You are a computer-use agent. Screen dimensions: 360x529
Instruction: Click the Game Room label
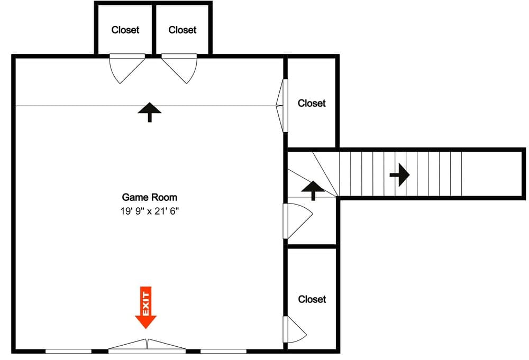(x=150, y=197)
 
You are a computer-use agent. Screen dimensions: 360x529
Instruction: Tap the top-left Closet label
(x=125, y=30)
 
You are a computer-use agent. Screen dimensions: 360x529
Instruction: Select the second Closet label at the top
(x=183, y=30)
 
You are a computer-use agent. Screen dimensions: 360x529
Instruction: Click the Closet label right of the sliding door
(x=312, y=103)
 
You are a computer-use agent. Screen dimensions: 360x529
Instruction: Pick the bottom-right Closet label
(x=312, y=299)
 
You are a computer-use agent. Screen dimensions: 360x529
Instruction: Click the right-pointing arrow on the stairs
(x=399, y=174)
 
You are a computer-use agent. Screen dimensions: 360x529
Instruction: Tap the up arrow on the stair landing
(x=313, y=190)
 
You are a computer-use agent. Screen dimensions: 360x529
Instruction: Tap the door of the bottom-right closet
(x=294, y=331)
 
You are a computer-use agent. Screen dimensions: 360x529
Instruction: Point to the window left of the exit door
(x=68, y=351)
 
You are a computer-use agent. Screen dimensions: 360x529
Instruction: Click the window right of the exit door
(x=223, y=351)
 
